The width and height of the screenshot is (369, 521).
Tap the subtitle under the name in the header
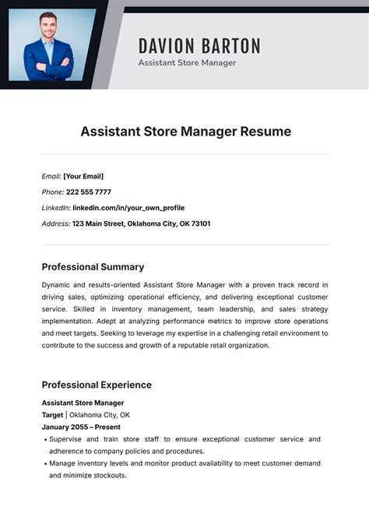click(x=187, y=63)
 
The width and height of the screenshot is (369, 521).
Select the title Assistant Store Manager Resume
click(x=185, y=132)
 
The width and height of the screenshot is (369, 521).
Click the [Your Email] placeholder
click(x=83, y=177)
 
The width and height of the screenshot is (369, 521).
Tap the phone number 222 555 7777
click(x=88, y=192)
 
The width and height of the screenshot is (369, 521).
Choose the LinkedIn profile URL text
click(x=128, y=208)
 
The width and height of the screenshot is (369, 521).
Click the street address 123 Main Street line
click(x=141, y=224)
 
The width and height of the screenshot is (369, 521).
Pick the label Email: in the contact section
click(x=51, y=177)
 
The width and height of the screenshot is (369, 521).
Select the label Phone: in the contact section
click(x=53, y=192)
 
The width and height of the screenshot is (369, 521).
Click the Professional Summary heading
click(x=93, y=267)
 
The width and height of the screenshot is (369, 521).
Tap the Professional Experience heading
click(x=97, y=385)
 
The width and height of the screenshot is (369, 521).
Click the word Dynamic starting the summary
click(x=58, y=285)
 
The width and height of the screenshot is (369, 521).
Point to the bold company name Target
click(x=52, y=415)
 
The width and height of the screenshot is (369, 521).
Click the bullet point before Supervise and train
click(x=44, y=440)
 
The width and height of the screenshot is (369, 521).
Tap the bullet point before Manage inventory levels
click(x=44, y=464)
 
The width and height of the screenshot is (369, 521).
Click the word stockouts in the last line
click(x=106, y=475)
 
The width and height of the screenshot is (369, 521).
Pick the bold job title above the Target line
click(x=83, y=403)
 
